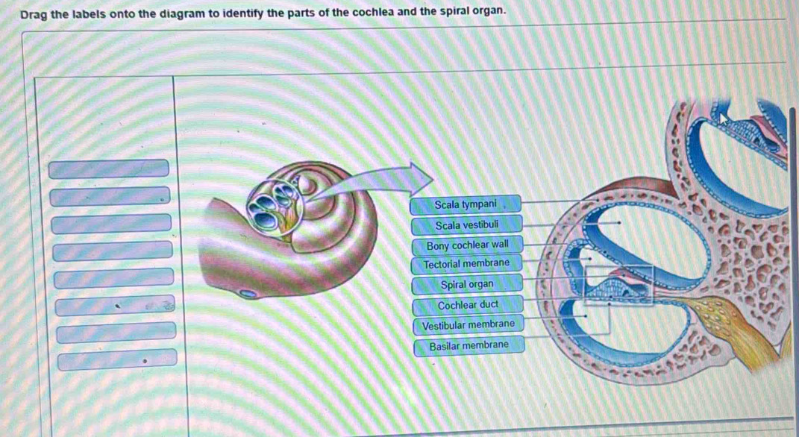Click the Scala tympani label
[x=466, y=204]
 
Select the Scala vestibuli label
[x=467, y=224]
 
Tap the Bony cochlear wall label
[x=467, y=245]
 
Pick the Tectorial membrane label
[x=467, y=264]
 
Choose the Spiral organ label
[x=467, y=284]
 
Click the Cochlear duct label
[x=468, y=305]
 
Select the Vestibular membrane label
[x=469, y=324]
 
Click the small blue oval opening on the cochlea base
[x=248, y=293]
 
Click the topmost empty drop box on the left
[x=108, y=169]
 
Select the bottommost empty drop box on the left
[x=117, y=359]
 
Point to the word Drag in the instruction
[x=34, y=14]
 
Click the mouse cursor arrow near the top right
[x=724, y=122]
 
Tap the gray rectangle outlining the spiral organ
[x=618, y=266]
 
